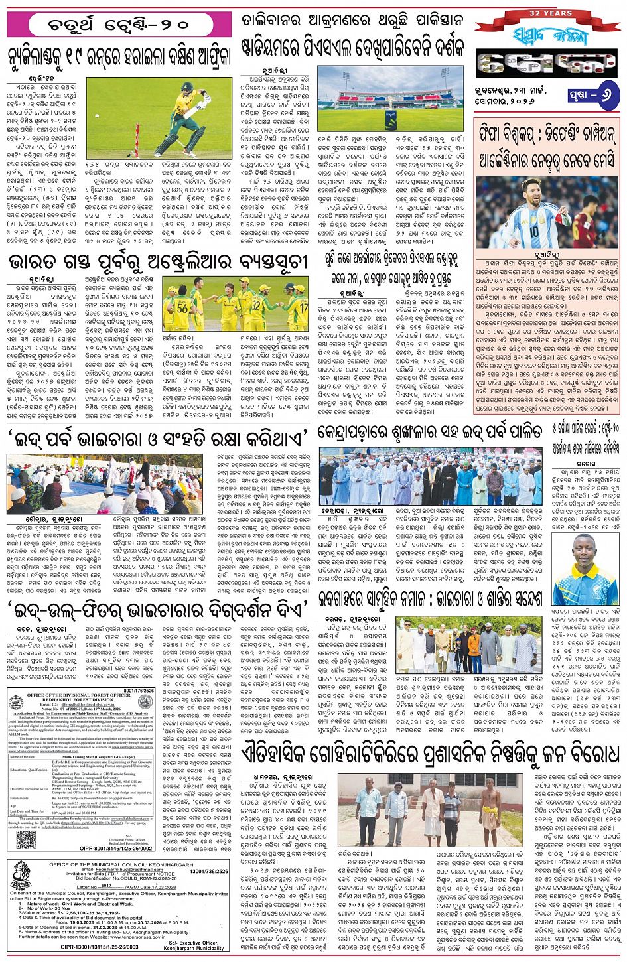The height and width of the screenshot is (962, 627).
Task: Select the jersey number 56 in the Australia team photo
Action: (181, 307)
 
